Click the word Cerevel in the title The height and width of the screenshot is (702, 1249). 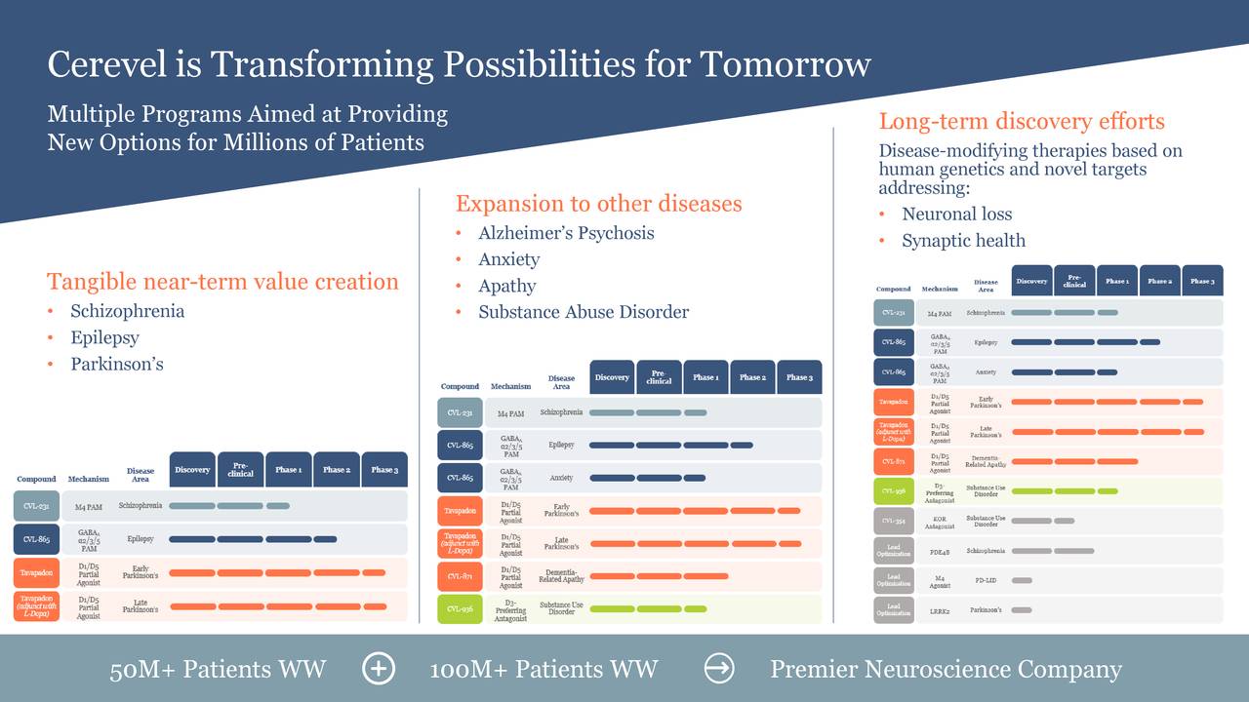click(107, 64)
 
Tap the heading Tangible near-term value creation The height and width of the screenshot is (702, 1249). click(222, 282)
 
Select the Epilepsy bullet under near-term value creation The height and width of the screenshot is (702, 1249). click(104, 337)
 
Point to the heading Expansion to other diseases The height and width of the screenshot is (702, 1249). click(598, 204)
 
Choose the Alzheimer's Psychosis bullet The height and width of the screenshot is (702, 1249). click(566, 233)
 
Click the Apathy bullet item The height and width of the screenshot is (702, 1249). click(506, 286)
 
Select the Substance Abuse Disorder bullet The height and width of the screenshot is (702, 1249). click(584, 312)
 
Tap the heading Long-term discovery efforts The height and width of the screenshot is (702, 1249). click(1022, 122)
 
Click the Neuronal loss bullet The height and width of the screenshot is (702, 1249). click(956, 214)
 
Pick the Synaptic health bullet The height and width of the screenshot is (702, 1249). click(963, 241)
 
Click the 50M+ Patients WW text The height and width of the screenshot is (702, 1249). click(218, 669)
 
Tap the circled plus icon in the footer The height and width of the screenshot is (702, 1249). click(378, 669)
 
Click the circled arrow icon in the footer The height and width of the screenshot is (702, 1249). click(719, 669)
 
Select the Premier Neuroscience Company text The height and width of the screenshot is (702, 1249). click(946, 669)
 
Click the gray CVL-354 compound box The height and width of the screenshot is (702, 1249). click(893, 522)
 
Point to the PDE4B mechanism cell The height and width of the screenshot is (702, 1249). click(940, 552)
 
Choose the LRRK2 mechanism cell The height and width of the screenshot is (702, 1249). click(940, 610)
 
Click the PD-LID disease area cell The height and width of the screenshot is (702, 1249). click(986, 581)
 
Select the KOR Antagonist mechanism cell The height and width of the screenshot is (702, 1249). click(940, 522)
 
